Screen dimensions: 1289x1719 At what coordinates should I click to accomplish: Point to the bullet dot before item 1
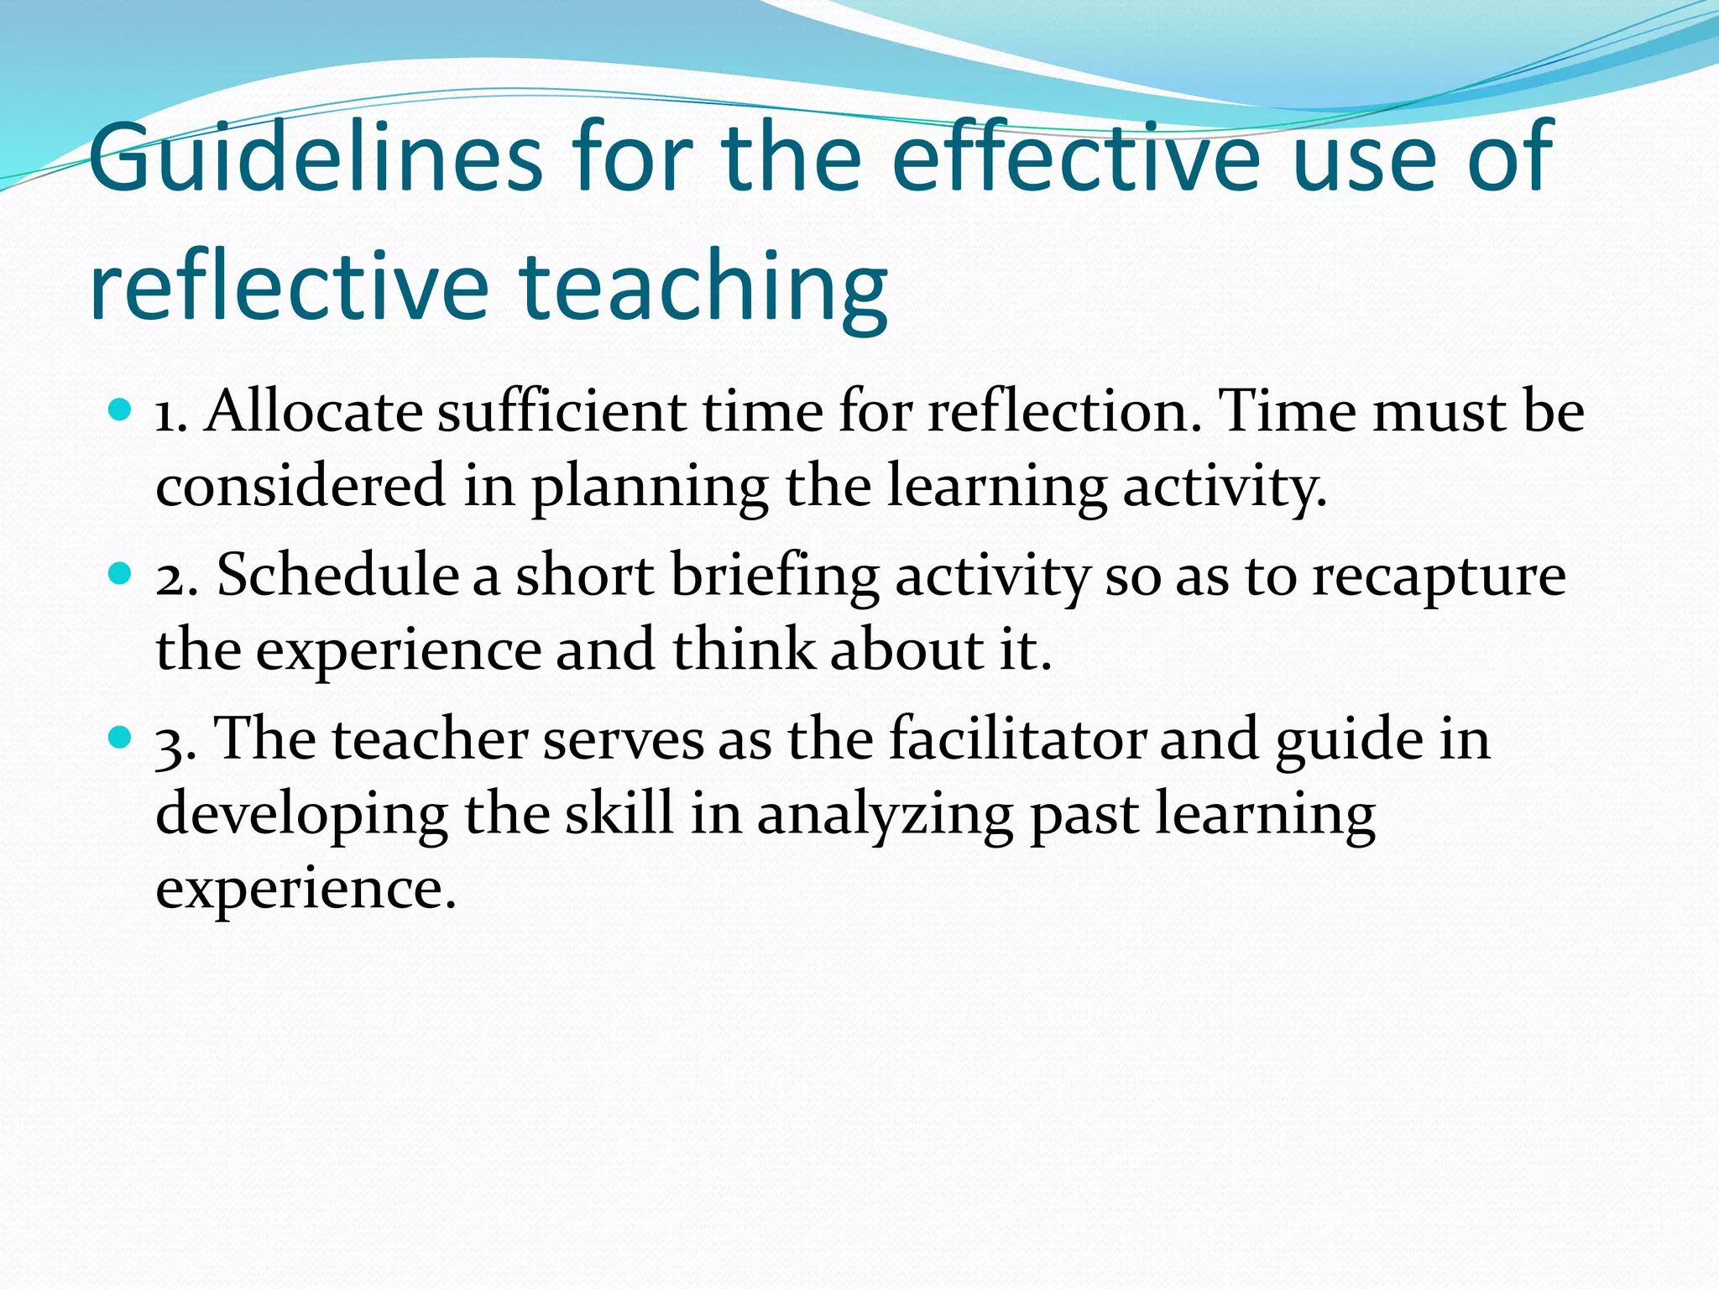121,410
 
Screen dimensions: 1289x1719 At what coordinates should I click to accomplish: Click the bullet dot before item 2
121,574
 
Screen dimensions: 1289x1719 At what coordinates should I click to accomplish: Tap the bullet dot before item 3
121,738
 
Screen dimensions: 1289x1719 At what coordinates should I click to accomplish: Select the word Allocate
314,411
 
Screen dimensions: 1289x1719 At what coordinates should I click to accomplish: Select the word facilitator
1017,738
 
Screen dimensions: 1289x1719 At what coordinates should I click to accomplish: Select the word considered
300,486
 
